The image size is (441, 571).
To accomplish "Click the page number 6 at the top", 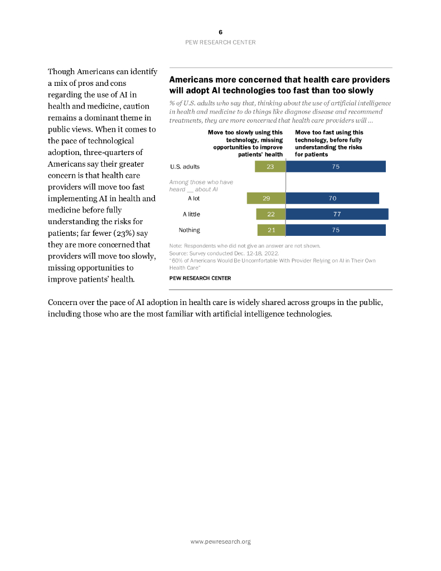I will tap(220, 32).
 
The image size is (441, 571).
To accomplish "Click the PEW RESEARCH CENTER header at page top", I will tap(220, 42).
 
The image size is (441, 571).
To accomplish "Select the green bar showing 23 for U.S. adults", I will tap(270, 166).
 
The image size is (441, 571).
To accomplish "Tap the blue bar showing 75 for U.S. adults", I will tap(336, 166).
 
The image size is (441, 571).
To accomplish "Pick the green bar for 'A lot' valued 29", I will tap(266, 198).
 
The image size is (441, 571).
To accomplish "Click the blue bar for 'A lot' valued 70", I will tap(332, 198).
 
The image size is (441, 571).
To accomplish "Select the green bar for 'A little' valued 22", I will tap(271, 214).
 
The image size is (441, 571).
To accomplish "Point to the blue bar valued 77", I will tap(337, 214).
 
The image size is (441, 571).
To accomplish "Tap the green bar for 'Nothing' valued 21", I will tap(272, 230).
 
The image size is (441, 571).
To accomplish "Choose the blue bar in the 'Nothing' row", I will tap(336, 230).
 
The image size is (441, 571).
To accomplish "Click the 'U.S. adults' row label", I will tap(185, 167).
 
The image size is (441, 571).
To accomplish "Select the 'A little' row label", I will tap(191, 214).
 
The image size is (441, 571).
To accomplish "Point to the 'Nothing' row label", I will tap(189, 230).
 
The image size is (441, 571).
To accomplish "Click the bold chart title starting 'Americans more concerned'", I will tap(279, 85).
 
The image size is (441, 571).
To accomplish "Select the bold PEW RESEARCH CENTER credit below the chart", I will tap(200, 278).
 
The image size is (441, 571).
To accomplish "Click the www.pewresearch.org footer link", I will tap(220, 541).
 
